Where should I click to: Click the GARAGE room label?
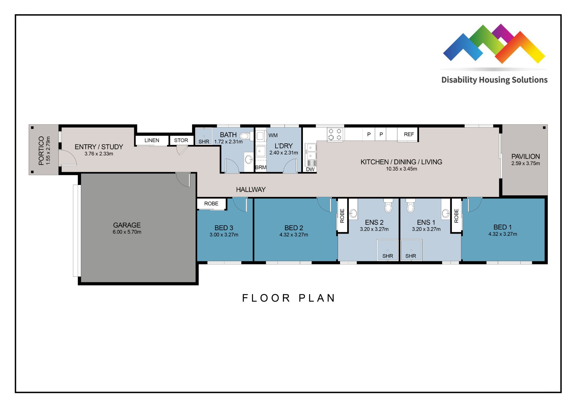coord(127,225)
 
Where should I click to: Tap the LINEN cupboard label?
coord(152,140)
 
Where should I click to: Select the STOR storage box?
coord(181,140)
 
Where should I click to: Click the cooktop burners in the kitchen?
coord(335,134)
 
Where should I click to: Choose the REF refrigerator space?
coord(409,134)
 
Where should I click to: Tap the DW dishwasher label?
coord(310,169)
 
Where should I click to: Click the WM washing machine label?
coord(273,135)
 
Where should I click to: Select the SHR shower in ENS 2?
coord(388,250)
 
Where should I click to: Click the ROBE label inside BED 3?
coord(211,203)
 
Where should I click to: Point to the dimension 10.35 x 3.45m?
coord(401,169)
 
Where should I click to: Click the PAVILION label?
coord(525,156)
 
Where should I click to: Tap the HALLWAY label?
coord(251,190)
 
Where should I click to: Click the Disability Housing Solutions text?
coord(494,80)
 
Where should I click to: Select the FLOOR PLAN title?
coord(289,298)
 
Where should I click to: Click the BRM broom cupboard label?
coord(260,168)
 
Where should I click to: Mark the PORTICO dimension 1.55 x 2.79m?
coord(48,151)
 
